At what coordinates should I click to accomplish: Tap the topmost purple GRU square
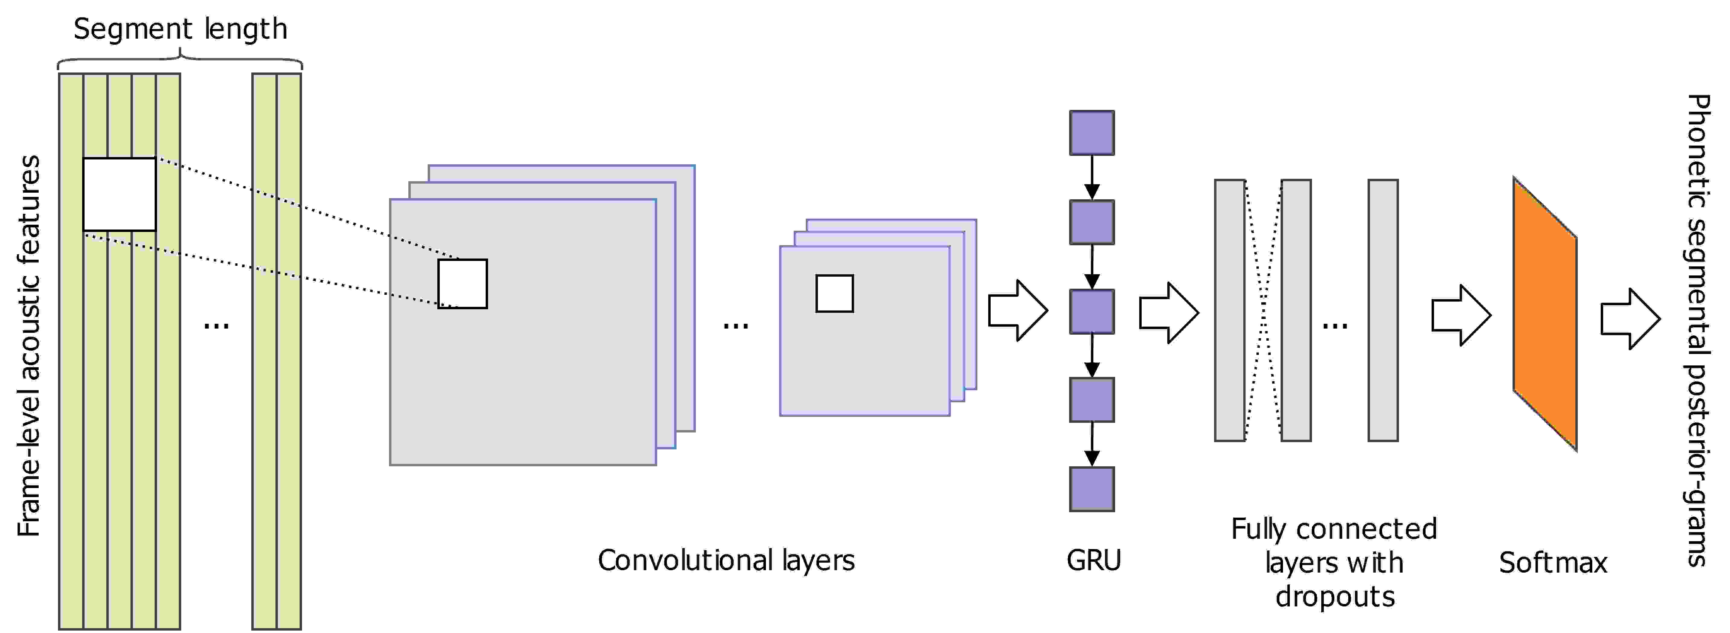click(x=1092, y=133)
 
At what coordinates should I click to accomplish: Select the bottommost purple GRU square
click(x=1092, y=489)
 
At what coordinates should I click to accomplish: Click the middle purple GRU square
click(x=1092, y=311)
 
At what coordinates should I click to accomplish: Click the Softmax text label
click(x=1553, y=563)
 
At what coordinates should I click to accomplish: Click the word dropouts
click(x=1335, y=596)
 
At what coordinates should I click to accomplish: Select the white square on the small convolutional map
click(x=835, y=293)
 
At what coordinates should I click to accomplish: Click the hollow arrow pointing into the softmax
click(x=1461, y=316)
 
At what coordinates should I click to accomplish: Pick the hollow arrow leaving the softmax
click(x=1631, y=319)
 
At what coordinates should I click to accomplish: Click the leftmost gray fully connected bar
click(x=1230, y=310)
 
